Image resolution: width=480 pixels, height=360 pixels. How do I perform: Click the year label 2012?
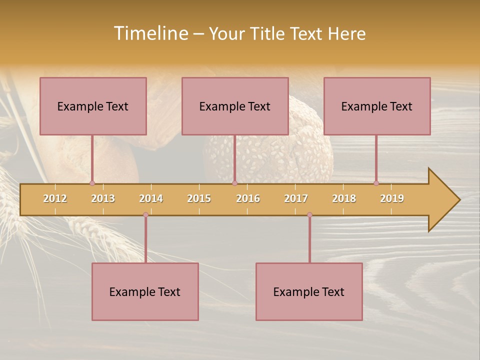click(55, 198)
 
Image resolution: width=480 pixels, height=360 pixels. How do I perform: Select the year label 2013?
click(103, 198)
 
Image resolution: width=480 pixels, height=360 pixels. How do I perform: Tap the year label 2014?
click(151, 198)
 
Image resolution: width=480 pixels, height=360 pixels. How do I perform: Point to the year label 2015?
click(199, 198)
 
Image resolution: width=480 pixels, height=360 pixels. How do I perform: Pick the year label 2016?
click(248, 198)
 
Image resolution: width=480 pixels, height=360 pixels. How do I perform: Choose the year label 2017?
click(296, 198)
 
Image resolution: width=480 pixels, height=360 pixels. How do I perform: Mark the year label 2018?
click(344, 198)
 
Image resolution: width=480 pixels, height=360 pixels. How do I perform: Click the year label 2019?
click(392, 198)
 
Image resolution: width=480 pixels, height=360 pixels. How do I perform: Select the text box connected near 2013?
click(93, 106)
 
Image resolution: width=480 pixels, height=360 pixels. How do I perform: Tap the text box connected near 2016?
click(235, 106)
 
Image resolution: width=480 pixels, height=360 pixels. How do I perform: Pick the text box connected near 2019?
click(377, 106)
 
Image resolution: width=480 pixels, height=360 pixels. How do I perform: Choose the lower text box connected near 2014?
click(145, 291)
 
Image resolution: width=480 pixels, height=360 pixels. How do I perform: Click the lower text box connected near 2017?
click(309, 291)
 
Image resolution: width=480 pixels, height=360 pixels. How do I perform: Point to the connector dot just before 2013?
click(92, 183)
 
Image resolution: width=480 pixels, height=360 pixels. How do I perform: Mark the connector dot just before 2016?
click(234, 183)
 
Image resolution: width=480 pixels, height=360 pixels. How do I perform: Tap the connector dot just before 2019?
click(376, 183)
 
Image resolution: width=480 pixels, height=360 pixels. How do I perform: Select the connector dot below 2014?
click(145, 215)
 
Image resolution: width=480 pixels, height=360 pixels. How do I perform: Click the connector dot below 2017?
click(309, 215)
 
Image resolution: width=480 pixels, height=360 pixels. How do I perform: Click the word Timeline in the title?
click(150, 33)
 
